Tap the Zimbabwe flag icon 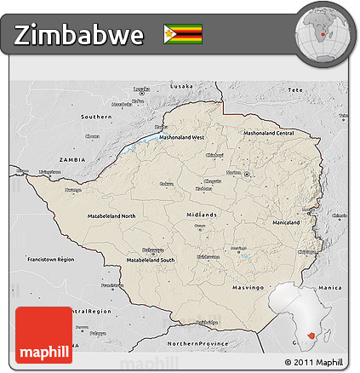point(183,35)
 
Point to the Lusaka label point(181,87)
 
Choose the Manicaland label point(286,223)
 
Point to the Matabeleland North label point(111,216)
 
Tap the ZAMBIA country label point(73,159)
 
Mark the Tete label point(295,89)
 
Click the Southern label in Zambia point(96,116)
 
